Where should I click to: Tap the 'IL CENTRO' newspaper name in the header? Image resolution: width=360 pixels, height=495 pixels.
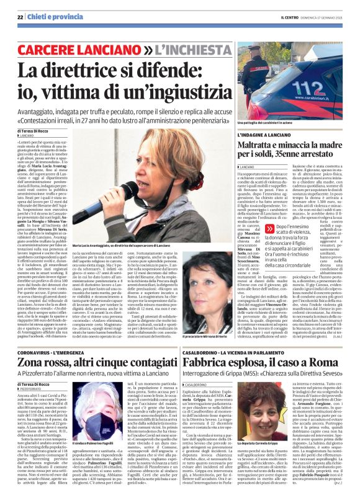[x=288, y=17]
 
